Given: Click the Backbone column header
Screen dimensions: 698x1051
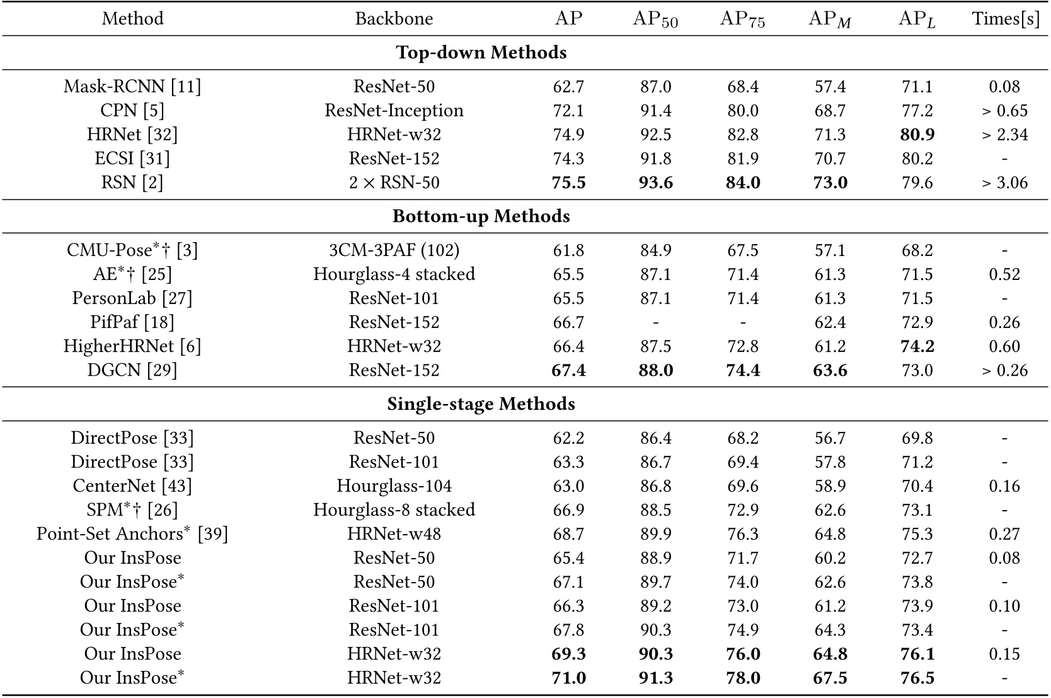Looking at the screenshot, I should [x=394, y=18].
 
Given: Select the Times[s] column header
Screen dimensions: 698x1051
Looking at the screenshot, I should [x=1005, y=18].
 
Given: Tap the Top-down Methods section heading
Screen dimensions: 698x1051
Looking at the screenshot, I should [x=481, y=52].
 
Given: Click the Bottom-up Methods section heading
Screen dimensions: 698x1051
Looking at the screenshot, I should [x=481, y=216].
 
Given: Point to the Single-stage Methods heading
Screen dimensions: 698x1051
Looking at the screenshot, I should [x=481, y=404].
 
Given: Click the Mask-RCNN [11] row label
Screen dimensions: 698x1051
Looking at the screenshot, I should [x=132, y=86].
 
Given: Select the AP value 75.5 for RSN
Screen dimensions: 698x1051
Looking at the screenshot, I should [x=568, y=182].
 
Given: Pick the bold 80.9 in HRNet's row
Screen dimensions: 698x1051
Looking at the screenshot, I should [x=917, y=134].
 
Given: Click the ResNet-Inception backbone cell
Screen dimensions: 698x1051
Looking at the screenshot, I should [x=394, y=110].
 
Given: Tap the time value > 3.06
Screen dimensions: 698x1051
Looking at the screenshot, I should [x=1004, y=182].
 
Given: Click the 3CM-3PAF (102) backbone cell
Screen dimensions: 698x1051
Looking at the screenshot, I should [x=394, y=250].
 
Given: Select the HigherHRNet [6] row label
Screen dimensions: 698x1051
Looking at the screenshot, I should [x=132, y=346].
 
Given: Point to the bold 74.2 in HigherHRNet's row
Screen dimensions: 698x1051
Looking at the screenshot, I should [x=917, y=346].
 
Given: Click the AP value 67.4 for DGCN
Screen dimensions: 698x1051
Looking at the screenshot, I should [x=568, y=370].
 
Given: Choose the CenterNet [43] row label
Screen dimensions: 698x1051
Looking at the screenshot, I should [x=132, y=486].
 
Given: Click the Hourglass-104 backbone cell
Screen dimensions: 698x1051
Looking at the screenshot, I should [x=394, y=486].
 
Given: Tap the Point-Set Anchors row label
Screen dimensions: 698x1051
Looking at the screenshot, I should [x=132, y=534].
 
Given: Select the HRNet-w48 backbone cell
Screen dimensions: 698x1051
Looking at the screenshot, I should [x=394, y=534].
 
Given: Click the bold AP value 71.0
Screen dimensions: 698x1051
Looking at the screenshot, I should [x=568, y=678].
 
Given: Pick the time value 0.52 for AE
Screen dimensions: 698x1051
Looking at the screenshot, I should [x=1004, y=274].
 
